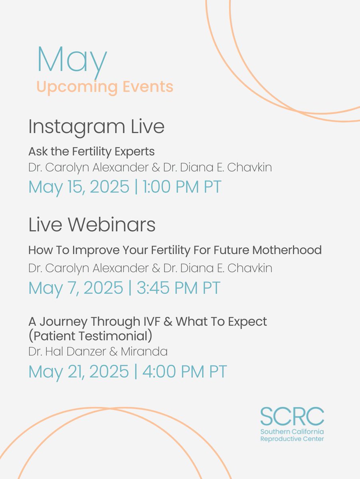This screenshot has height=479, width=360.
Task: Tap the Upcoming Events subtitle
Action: tap(105, 87)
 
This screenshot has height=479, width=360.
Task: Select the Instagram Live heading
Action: tap(96, 127)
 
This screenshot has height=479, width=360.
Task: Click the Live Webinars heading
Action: tap(92, 225)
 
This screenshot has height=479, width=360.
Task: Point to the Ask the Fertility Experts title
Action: tap(91, 152)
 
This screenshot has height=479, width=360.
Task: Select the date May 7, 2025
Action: tap(75, 288)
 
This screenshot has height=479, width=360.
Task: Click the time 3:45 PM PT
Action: tap(178, 288)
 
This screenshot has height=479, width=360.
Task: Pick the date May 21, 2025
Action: tap(79, 372)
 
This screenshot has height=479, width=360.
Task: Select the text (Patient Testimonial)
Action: tap(90, 335)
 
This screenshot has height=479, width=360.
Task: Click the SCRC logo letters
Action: tap(292, 417)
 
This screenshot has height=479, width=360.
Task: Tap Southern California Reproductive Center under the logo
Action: tap(292, 435)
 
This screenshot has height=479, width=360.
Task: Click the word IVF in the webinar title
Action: tap(160, 321)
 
